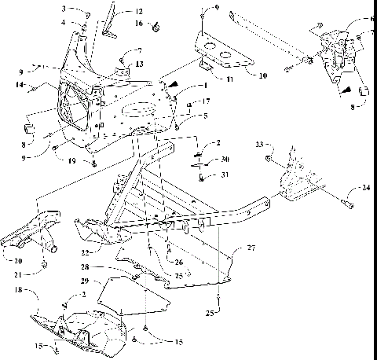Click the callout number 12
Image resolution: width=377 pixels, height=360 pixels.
tap(138, 12)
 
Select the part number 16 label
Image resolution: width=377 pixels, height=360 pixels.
tap(138, 24)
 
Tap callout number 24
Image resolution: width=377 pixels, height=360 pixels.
tap(367, 188)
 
